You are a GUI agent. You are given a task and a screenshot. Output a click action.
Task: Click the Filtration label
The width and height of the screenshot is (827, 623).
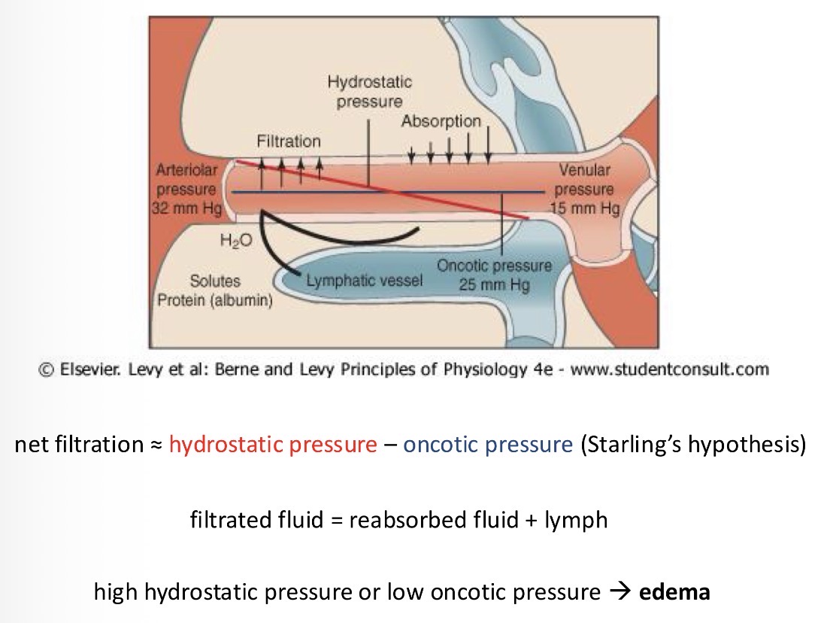click(289, 141)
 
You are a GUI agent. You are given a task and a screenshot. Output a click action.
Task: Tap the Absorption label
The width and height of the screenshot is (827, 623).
click(441, 120)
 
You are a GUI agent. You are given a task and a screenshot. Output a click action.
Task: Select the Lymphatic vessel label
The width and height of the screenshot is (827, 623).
click(365, 281)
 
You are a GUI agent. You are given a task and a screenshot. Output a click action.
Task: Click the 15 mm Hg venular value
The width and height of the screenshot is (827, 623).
click(586, 208)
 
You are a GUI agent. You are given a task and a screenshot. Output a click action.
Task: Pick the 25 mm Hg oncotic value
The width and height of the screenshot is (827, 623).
click(494, 284)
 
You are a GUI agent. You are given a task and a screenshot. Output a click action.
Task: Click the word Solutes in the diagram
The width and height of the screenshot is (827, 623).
click(215, 281)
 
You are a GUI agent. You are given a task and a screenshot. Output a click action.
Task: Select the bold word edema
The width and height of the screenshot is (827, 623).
click(674, 592)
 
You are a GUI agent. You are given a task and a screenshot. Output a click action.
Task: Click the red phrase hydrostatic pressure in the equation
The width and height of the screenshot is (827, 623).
click(273, 445)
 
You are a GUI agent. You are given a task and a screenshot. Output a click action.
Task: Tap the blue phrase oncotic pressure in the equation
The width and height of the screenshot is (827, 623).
click(488, 445)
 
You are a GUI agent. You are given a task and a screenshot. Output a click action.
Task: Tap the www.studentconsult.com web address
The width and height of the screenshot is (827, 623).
click(670, 369)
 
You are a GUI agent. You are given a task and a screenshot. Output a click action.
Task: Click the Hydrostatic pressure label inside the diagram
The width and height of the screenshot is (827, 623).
click(369, 91)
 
